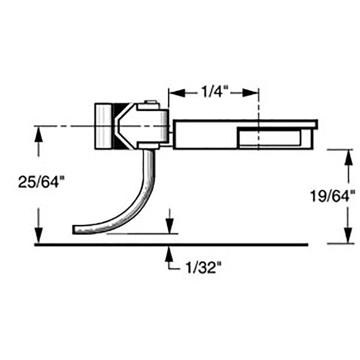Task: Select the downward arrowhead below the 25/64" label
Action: (x=39, y=236)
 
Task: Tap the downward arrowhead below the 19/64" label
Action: (x=347, y=236)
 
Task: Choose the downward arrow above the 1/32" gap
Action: (x=170, y=226)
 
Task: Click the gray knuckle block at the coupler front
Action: (x=103, y=126)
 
